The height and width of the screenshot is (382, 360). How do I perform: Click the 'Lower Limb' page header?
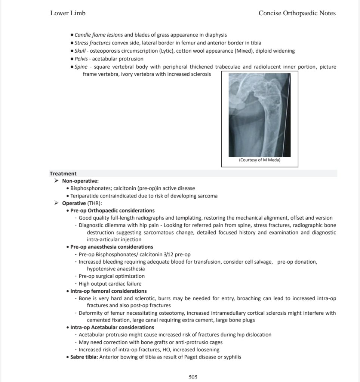[x=68, y=13]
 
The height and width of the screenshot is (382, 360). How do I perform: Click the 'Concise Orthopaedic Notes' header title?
[x=297, y=13]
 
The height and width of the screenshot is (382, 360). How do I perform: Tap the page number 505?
[x=193, y=377]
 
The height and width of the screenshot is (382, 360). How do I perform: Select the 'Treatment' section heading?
[x=63, y=174]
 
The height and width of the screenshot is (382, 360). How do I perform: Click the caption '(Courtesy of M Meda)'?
[x=259, y=160]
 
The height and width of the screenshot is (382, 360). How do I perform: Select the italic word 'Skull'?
[x=80, y=51]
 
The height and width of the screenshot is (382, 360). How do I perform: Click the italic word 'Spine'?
[x=81, y=67]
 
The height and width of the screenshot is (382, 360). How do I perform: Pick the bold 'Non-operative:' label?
[x=80, y=181]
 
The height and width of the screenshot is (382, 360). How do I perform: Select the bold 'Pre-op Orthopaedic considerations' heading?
[x=113, y=211]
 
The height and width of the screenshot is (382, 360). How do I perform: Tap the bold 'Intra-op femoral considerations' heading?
[x=109, y=291]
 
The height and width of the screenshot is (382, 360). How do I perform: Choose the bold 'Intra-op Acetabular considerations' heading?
[x=112, y=327]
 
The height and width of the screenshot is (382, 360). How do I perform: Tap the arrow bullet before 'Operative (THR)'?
[x=56, y=203]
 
